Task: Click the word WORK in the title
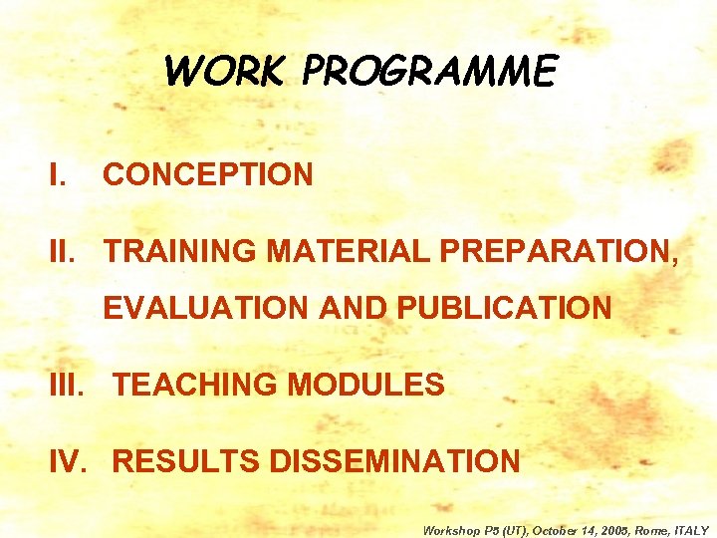225,72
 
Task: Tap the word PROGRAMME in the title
429,72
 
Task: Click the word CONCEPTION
208,175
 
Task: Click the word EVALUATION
207,309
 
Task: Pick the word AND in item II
354,309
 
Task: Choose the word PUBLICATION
504,309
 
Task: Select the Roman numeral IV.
74,461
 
